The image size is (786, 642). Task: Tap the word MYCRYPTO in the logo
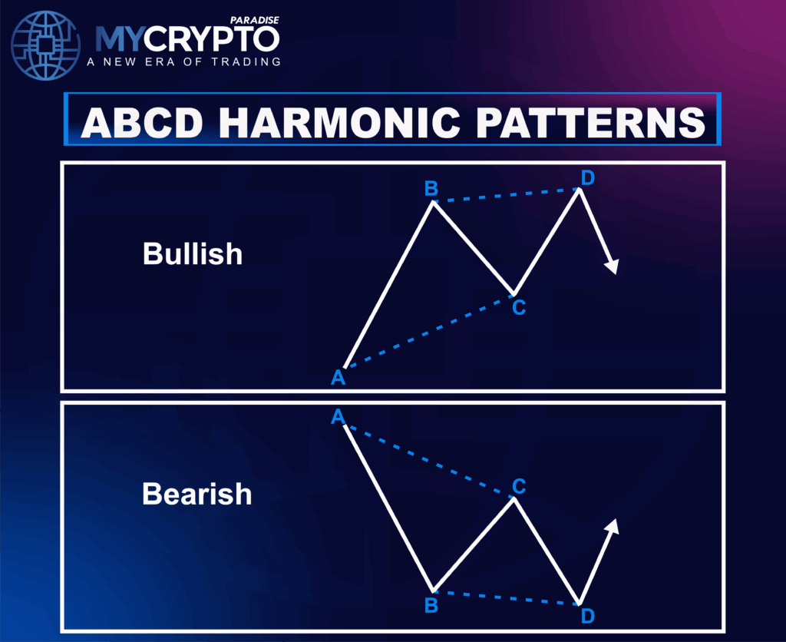point(187,39)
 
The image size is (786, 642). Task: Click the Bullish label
point(193,254)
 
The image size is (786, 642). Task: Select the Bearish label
point(196,494)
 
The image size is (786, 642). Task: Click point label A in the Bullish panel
point(337,377)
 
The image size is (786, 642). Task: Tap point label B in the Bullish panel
point(431,189)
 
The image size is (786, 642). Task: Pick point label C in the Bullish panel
point(519,308)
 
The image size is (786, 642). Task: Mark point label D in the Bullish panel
point(587,178)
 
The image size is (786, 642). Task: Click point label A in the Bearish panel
point(337,417)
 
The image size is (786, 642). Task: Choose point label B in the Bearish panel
point(431,605)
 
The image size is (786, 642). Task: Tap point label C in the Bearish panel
point(519,485)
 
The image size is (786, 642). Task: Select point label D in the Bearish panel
point(587,616)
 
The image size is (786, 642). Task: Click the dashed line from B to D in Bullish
point(507,195)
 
